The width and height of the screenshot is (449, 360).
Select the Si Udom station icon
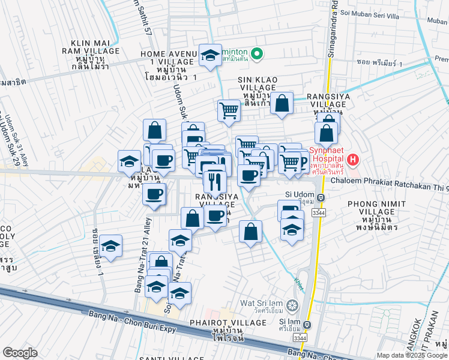[x=321, y=197]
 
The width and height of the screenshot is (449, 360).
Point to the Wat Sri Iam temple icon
[x=292, y=305]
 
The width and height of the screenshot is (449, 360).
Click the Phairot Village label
[x=236, y=323]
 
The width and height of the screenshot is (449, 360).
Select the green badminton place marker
[x=256, y=54]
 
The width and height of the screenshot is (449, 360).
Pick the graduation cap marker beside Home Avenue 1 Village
[x=209, y=56]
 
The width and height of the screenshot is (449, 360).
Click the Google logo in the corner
[x=20, y=352]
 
